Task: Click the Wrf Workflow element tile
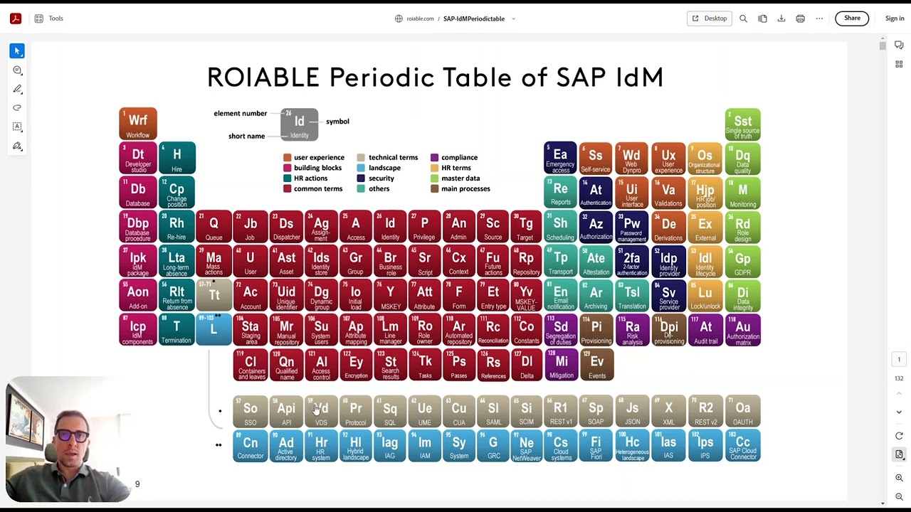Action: click(137, 124)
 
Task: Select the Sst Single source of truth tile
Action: click(742, 124)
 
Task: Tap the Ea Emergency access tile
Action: click(560, 159)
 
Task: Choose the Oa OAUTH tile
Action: click(742, 411)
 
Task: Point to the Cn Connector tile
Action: click(251, 446)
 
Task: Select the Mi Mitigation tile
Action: click(561, 366)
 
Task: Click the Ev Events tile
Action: click(596, 366)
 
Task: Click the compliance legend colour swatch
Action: click(434, 158)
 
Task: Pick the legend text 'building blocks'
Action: click(317, 168)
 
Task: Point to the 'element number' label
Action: click(240, 114)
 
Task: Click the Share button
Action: click(852, 18)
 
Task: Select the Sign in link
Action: click(895, 18)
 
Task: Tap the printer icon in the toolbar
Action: click(800, 18)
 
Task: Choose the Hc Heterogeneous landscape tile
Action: click(632, 446)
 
